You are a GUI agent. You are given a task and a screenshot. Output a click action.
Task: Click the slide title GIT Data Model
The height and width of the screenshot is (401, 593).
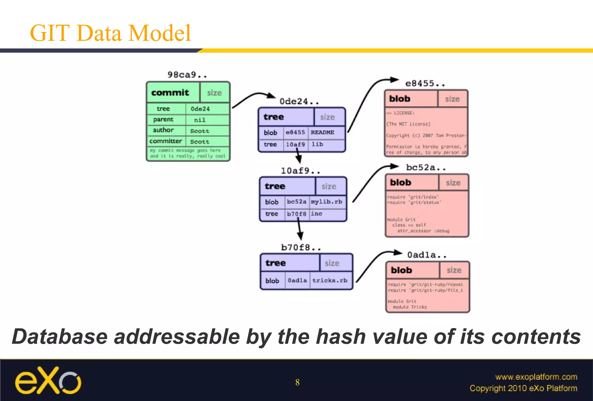(110, 33)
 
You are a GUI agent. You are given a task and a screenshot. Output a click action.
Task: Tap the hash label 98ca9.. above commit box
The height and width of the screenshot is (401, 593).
(187, 75)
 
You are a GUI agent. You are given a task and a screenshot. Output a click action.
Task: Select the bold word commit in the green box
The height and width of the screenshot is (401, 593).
(170, 93)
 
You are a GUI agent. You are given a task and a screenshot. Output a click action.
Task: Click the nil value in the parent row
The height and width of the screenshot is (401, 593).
(200, 120)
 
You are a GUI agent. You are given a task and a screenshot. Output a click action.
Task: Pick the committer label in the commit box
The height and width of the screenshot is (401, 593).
(166, 141)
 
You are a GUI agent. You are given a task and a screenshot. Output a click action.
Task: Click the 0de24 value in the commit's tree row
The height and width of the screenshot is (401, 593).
(200, 109)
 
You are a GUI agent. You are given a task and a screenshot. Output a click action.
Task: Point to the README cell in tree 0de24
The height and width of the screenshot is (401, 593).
(322, 133)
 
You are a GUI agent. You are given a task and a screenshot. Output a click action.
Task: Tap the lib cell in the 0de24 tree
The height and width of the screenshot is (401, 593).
(317, 144)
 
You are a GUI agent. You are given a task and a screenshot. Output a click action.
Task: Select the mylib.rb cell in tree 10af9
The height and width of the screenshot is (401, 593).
(326, 202)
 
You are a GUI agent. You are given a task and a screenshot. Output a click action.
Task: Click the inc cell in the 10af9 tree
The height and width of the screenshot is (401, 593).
(316, 214)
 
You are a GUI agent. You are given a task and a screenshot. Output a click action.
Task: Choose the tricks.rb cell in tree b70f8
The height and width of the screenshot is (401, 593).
(330, 280)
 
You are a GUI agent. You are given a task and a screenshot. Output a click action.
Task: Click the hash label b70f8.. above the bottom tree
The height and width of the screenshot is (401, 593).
(301, 248)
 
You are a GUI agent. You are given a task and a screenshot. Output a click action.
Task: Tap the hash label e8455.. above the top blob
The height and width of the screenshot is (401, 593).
(425, 84)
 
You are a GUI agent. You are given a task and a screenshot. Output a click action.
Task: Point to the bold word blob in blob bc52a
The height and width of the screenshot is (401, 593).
(400, 183)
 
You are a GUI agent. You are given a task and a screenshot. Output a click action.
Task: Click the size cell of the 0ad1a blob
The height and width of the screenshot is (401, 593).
(454, 270)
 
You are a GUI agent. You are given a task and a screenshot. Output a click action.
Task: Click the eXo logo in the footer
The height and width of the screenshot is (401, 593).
(48, 381)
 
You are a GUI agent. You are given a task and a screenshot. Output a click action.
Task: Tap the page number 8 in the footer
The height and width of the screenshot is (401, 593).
(297, 382)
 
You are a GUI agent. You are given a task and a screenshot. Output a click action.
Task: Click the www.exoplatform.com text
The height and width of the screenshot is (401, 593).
(536, 377)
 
